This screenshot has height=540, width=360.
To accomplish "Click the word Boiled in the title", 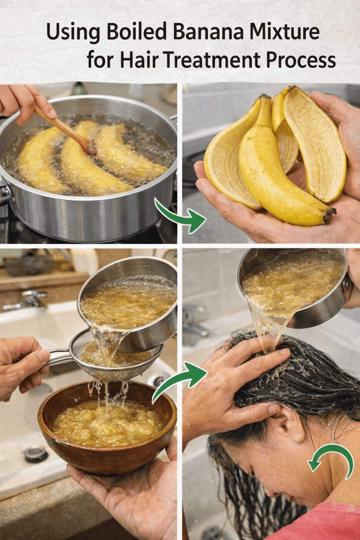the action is pos(136,31).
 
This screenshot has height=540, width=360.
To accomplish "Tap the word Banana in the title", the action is pos(209,32).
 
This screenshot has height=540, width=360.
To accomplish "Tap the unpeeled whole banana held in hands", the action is pos(277,169).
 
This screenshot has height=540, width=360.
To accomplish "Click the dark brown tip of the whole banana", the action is pos(330,215).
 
